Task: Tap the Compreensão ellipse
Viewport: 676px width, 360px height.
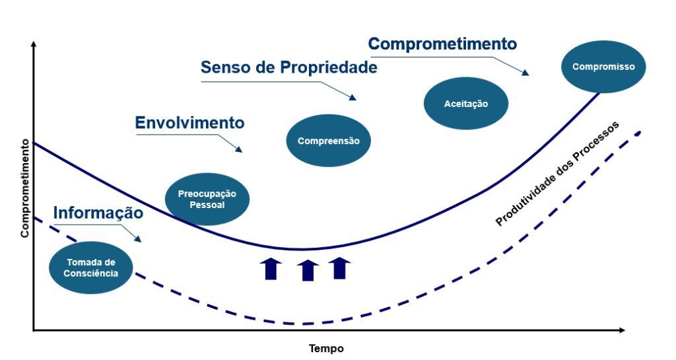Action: pos(328,140)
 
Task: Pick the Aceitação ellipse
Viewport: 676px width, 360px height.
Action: pos(465,104)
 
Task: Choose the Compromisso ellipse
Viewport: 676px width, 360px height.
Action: pos(603,67)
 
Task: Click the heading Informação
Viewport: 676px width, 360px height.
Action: pos(98,213)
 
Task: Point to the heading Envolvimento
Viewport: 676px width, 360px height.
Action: pos(189,123)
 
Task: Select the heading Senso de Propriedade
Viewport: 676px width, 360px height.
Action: pos(288,67)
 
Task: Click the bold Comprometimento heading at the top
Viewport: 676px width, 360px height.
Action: pos(442,44)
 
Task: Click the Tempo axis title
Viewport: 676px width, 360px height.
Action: pos(326,348)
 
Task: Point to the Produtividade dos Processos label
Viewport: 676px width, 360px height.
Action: pos(558,174)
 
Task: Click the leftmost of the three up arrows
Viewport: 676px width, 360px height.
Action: pos(271,269)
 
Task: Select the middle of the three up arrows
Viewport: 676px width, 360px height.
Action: pos(308,270)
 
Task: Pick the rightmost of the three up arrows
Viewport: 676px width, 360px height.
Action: pos(339,268)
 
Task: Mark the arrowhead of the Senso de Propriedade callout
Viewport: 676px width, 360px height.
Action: pos(353,97)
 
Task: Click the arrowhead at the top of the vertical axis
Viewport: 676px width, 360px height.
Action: pos(33,44)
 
